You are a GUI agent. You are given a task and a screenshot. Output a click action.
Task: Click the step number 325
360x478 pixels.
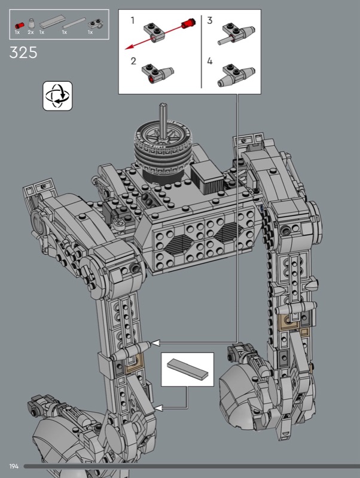click(x=23, y=53)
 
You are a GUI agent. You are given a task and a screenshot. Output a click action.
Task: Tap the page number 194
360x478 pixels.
click(x=14, y=466)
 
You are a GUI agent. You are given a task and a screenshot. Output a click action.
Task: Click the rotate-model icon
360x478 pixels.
click(x=57, y=96)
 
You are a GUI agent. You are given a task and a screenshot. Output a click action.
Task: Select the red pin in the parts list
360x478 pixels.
click(x=20, y=25)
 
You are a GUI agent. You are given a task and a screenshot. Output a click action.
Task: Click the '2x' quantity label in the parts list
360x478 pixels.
click(x=30, y=32)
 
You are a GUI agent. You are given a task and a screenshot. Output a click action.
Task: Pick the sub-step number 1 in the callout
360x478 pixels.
click(x=132, y=20)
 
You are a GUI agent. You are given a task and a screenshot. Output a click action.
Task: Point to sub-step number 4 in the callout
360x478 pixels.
click(x=209, y=61)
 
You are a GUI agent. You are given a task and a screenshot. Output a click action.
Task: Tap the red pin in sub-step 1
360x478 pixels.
click(x=188, y=23)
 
